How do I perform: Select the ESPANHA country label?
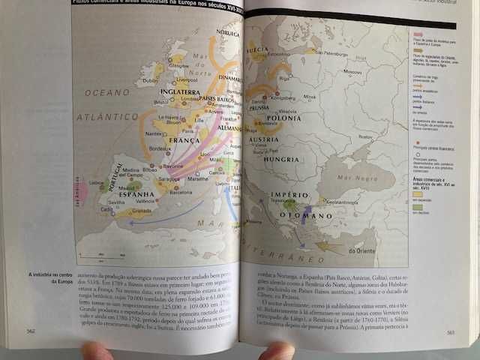[135, 194]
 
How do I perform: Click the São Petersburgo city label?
[331, 54]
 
